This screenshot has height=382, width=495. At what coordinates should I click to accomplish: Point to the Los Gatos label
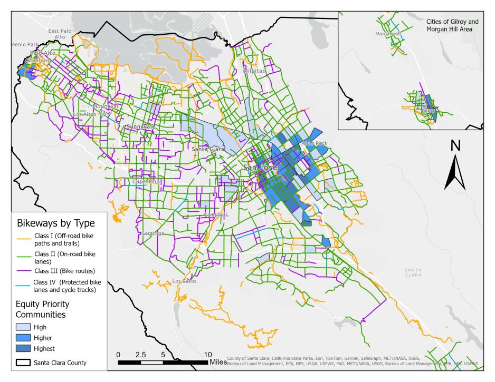(184, 281)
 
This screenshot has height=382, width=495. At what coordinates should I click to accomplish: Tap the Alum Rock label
(315, 143)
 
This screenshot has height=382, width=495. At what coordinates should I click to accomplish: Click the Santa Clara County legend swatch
(23, 363)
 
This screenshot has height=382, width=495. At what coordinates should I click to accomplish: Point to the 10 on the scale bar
(207, 354)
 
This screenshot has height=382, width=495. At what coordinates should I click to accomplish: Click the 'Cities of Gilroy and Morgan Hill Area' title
(452, 25)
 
